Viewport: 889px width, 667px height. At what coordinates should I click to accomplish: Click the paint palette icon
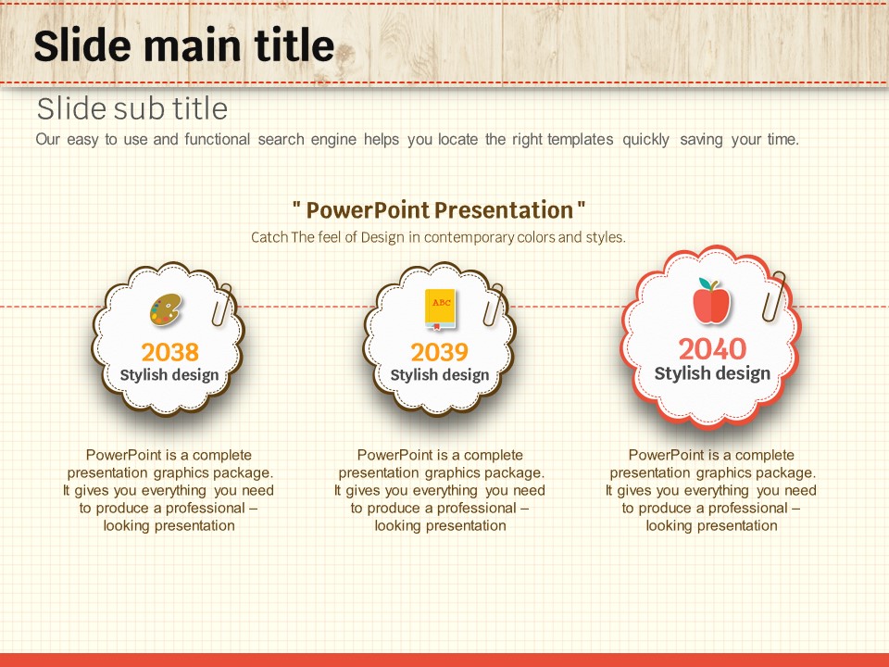tap(166, 309)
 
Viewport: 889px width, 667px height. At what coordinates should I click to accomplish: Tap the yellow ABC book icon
tap(441, 309)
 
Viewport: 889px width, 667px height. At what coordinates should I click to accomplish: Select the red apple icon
tap(711, 301)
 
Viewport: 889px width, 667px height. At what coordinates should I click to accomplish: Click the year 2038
tap(170, 352)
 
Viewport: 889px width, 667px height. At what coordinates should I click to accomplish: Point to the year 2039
tap(439, 352)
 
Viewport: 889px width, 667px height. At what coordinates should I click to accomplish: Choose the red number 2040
tap(712, 349)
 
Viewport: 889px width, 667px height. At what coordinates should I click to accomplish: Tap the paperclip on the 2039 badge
tap(494, 305)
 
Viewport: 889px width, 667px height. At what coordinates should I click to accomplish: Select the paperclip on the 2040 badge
tap(773, 296)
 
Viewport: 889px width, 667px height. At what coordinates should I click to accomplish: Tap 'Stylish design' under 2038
tap(169, 375)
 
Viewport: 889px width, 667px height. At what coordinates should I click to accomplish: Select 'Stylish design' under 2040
tap(712, 373)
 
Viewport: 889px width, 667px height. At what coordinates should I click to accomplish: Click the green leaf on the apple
tap(705, 283)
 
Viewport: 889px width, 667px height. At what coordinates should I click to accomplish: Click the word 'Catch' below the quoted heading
tap(269, 237)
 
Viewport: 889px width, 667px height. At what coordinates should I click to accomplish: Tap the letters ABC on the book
tap(441, 302)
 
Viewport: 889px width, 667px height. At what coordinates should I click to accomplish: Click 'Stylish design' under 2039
tap(439, 375)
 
